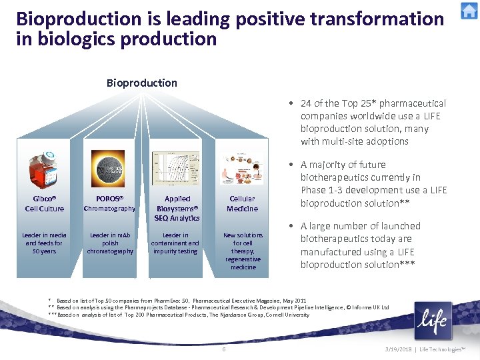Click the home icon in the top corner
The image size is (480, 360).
click(x=469, y=11)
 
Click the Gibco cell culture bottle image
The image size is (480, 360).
click(x=43, y=171)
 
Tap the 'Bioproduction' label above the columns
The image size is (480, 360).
click(x=141, y=83)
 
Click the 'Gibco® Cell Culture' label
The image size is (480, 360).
click(x=44, y=203)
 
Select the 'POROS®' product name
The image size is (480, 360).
click(x=110, y=199)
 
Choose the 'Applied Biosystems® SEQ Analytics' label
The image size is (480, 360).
click(x=177, y=208)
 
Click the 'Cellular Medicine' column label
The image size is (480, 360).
click(x=242, y=203)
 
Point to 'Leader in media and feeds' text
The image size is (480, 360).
click(x=44, y=243)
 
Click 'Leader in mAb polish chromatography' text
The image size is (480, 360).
click(x=110, y=243)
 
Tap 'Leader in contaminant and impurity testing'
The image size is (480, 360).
click(x=176, y=243)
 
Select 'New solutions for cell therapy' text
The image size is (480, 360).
click(x=243, y=251)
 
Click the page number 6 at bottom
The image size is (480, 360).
click(x=224, y=349)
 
